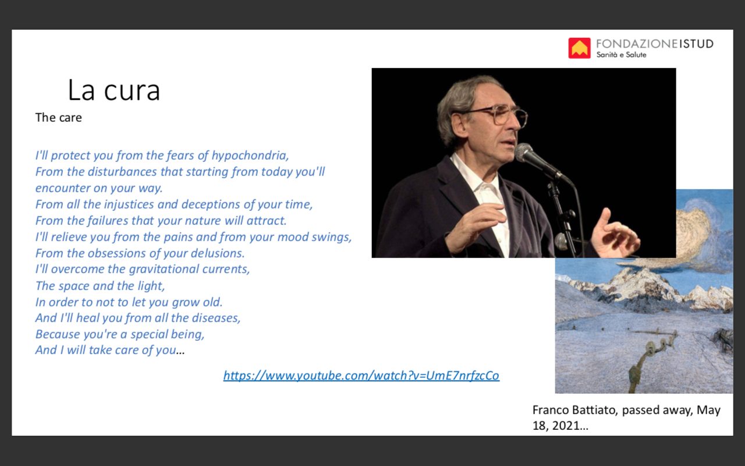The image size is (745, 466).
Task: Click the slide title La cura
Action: tap(114, 90)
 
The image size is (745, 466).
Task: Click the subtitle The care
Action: tap(59, 118)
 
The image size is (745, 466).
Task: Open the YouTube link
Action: tap(361, 376)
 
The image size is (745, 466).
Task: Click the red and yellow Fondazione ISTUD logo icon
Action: tap(579, 48)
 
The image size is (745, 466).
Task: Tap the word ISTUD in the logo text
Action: tap(696, 44)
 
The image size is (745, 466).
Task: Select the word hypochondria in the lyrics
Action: tap(250, 156)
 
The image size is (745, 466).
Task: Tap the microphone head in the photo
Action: tap(524, 153)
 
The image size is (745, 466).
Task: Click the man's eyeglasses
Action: tap(499, 115)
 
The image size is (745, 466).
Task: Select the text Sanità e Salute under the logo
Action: tap(621, 55)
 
